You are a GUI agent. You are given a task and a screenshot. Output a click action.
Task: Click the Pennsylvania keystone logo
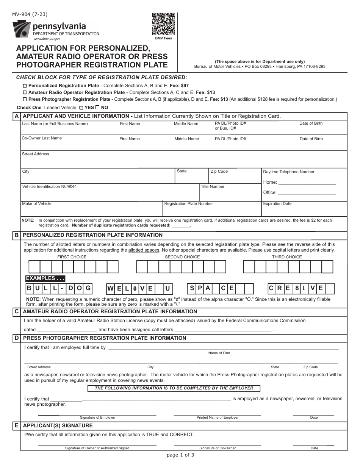click(x=22, y=29)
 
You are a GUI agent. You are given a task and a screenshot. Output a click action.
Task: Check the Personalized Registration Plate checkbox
click(x=25, y=86)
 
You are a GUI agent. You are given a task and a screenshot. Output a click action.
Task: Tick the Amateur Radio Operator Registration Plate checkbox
click(x=25, y=92)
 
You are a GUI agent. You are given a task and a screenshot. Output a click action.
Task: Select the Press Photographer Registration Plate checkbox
click(x=25, y=99)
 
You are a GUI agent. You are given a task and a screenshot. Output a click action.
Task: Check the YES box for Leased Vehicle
click(x=81, y=108)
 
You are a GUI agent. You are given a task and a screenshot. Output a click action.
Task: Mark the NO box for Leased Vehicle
click(x=98, y=108)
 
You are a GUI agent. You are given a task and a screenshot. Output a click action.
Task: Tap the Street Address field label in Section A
click(x=36, y=154)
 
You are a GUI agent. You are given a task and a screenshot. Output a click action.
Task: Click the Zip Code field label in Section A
click(x=219, y=172)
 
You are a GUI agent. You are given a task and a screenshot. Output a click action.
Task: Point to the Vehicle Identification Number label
click(x=49, y=186)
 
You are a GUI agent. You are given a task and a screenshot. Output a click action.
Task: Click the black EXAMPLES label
click(x=45, y=278)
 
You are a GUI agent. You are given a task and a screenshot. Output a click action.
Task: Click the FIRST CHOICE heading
click(x=72, y=257)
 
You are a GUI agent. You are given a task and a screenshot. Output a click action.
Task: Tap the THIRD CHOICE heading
click(x=287, y=257)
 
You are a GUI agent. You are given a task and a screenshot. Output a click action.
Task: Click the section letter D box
click(x=17, y=338)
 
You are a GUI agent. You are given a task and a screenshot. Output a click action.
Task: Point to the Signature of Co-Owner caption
click(x=218, y=448)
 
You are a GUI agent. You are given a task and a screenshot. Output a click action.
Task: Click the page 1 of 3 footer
click(x=180, y=455)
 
